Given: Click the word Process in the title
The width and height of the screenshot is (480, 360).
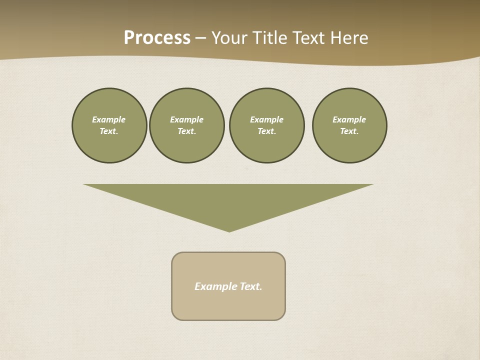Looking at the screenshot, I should [x=157, y=38].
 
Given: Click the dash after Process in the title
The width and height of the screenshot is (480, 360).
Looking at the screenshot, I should [x=200, y=39].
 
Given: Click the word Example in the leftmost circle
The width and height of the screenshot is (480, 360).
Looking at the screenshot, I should [x=109, y=119].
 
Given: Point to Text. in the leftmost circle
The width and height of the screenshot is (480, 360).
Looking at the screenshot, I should [x=109, y=131].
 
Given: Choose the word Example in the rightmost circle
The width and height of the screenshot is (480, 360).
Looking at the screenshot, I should [x=349, y=119].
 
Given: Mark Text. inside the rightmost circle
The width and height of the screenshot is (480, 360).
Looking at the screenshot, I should [x=349, y=131].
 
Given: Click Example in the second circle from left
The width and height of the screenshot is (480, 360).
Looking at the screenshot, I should [x=187, y=119].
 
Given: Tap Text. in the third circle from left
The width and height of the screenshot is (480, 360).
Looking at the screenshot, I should [x=267, y=131].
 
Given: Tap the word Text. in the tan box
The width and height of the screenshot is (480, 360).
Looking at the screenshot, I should [x=251, y=286].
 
